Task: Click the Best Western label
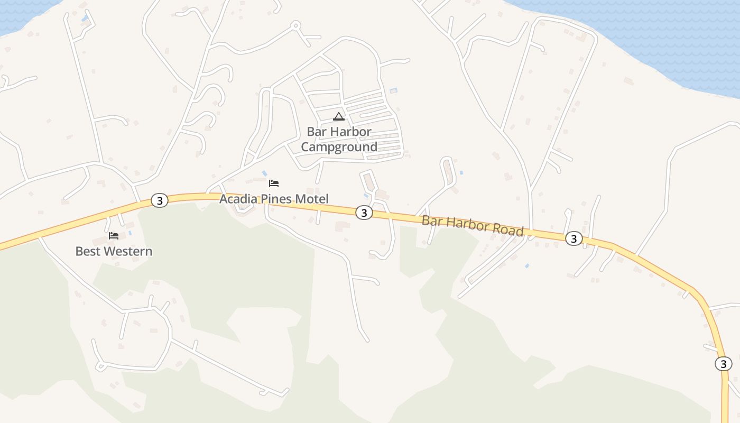(x=114, y=251)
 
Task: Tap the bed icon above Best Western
(x=114, y=236)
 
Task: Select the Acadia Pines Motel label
(x=274, y=199)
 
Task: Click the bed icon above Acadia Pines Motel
(x=274, y=183)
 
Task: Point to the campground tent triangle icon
(x=339, y=116)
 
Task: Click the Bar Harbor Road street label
(x=472, y=226)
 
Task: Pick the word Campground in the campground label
(x=339, y=147)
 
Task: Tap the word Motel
(x=312, y=199)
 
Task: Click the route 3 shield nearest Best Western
(x=159, y=200)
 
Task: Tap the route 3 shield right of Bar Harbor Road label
(x=573, y=238)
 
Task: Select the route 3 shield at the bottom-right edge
(x=723, y=364)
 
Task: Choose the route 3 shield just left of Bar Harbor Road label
(x=364, y=213)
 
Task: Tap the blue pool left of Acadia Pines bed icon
(x=264, y=173)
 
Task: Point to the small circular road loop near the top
(x=296, y=24)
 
